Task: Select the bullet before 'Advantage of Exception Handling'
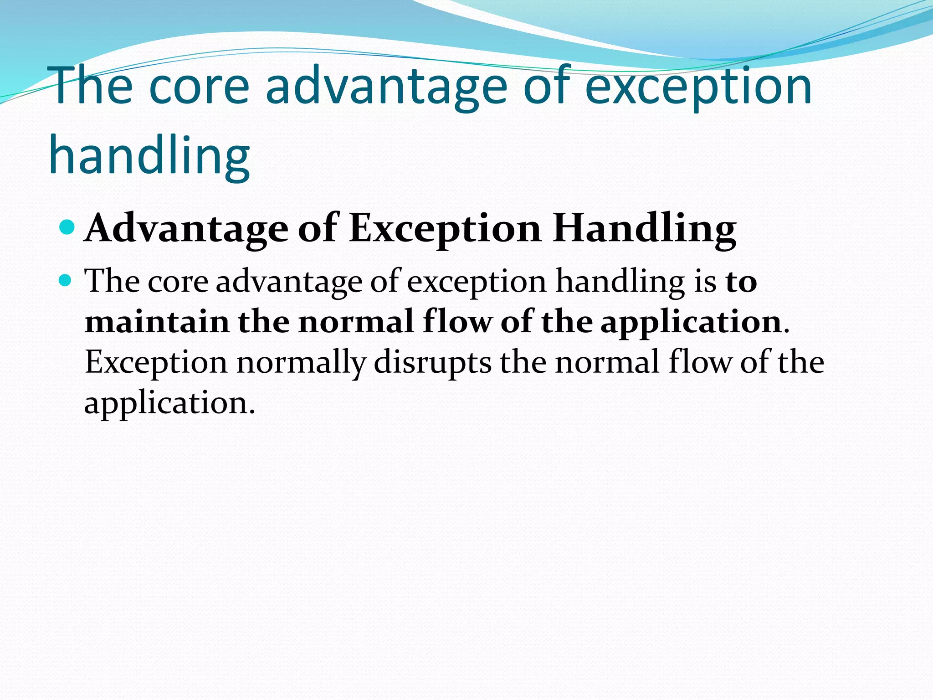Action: click(x=67, y=226)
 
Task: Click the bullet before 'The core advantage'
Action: click(x=66, y=279)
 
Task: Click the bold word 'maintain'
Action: click(x=157, y=322)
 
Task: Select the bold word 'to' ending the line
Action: click(x=741, y=282)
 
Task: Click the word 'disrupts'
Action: click(x=432, y=363)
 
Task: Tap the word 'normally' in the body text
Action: click(x=301, y=363)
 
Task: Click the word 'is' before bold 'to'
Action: click(x=705, y=281)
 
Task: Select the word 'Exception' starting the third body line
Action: click(x=156, y=363)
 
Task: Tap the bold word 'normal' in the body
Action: click(x=356, y=322)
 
